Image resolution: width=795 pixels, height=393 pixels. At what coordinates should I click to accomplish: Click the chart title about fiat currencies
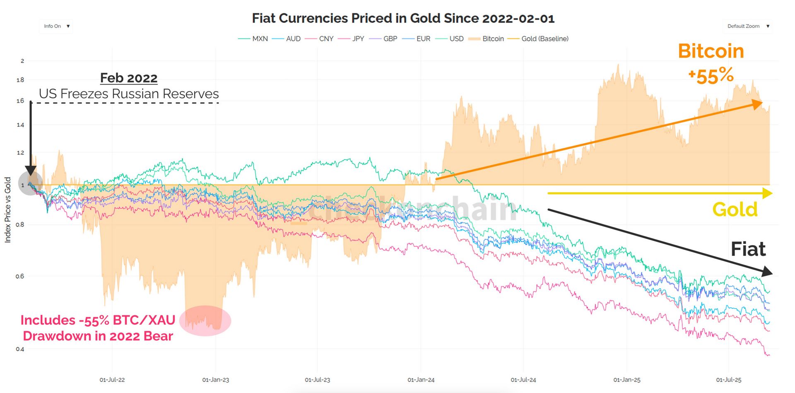tap(403, 19)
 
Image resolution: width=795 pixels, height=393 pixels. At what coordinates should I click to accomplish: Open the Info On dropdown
tap(56, 26)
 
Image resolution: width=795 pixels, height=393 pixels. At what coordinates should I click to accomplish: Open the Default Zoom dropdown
tap(748, 26)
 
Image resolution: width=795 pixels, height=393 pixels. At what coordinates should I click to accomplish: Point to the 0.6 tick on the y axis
tap(20, 276)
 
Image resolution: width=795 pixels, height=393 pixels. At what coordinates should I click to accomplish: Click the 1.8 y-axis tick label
tap(20, 80)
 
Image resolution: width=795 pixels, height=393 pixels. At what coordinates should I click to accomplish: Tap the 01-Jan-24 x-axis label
tap(421, 380)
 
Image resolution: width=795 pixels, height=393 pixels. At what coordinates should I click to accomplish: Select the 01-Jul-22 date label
tap(112, 380)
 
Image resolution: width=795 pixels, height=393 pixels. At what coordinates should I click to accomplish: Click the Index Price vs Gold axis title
tap(7, 210)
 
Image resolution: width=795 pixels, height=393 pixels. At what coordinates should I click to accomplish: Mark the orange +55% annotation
tap(711, 76)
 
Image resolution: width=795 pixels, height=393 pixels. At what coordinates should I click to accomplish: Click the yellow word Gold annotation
tap(735, 210)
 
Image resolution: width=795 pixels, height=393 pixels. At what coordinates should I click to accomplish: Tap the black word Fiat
tap(748, 249)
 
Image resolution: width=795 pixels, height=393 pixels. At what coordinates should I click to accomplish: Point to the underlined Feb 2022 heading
tap(129, 78)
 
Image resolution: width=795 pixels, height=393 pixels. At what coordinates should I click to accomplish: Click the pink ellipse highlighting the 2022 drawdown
tap(206, 321)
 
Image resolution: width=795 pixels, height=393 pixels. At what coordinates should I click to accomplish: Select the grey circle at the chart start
tap(30, 183)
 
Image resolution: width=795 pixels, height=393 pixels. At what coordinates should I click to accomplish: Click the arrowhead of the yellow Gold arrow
tap(767, 193)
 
